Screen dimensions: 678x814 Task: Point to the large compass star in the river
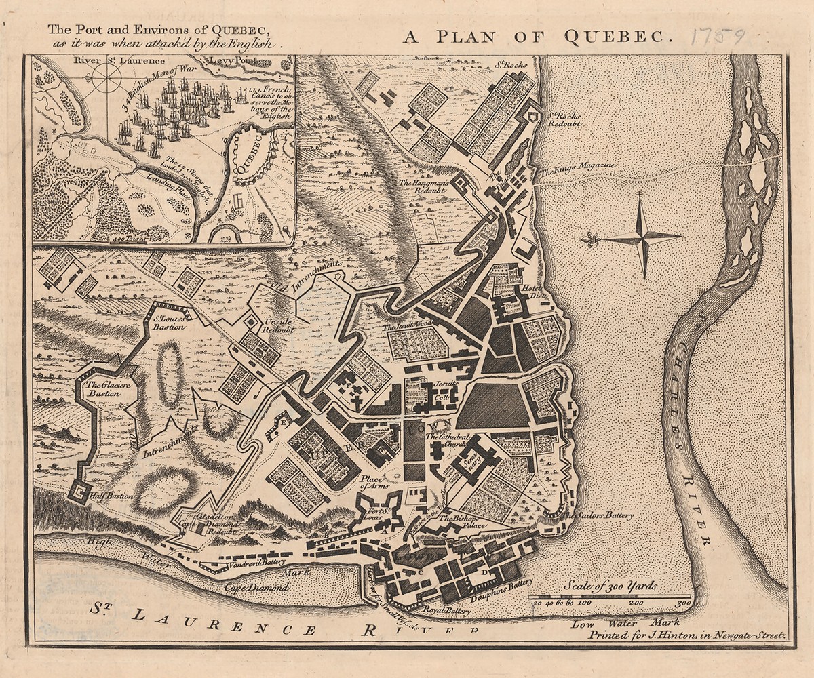[642, 237]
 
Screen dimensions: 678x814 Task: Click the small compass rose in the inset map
[105, 80]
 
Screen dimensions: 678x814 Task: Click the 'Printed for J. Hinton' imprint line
[685, 636]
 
